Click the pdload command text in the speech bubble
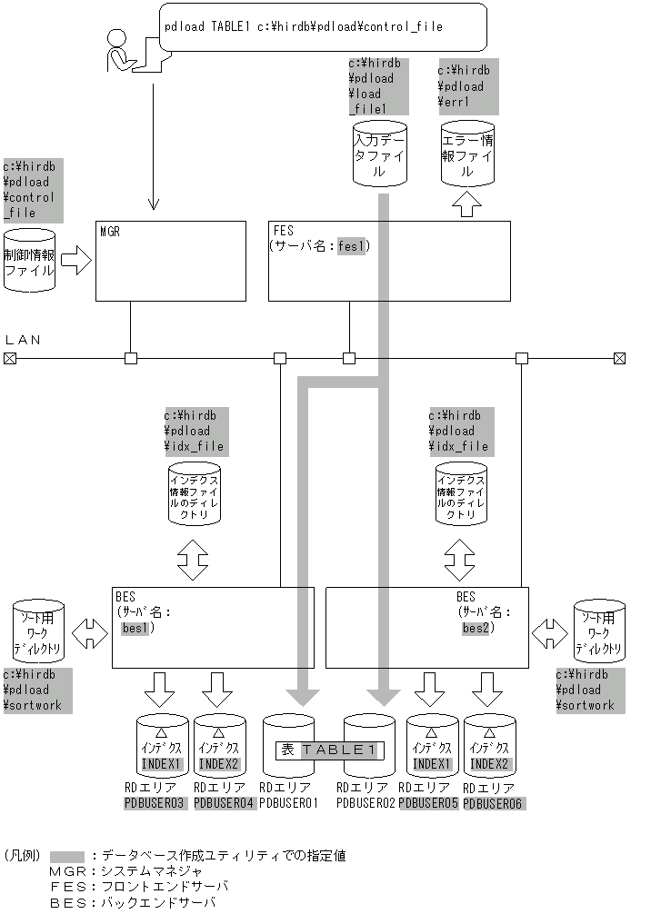point(304,26)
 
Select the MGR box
point(171,261)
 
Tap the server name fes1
point(352,245)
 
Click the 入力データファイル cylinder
point(379,154)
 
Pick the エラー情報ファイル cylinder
point(468,155)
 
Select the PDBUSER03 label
point(155,803)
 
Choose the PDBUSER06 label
point(494,803)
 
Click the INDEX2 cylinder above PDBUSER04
point(218,745)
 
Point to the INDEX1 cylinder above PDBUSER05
point(433,745)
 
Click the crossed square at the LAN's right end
point(619,358)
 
